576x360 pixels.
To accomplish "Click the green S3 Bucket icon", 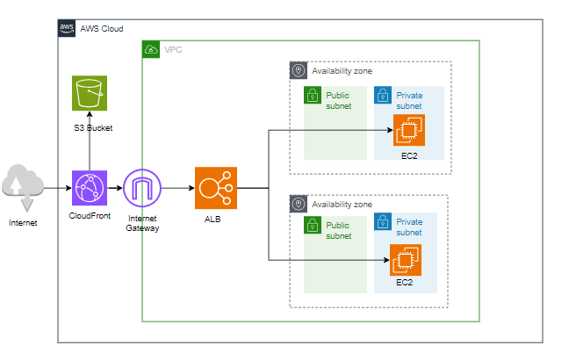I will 90,94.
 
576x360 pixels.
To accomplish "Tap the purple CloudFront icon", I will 90,188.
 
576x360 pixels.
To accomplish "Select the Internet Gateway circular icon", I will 142,188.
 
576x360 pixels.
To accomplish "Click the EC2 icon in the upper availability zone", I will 407,132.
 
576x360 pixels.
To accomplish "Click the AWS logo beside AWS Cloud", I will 67,28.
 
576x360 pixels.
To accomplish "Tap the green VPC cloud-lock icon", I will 151,49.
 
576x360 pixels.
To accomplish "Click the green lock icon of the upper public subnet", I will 313,96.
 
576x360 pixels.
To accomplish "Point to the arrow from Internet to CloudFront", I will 57,188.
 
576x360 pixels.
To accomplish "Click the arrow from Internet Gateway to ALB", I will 178,188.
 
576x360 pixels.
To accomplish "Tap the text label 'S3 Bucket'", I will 93,129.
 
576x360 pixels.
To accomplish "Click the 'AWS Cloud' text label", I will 102,28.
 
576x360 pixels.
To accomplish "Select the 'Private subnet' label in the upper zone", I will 410,100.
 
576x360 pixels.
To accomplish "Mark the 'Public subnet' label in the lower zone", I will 339,230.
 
